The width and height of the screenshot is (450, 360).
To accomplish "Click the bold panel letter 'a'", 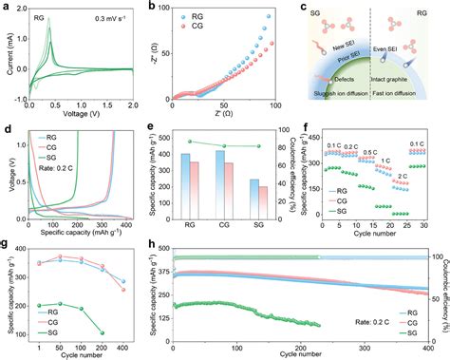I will click(7, 7).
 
